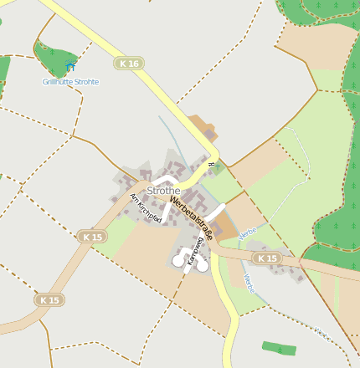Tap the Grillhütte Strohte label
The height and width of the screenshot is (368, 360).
(70, 81)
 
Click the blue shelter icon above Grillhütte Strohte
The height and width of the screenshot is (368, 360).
(70, 67)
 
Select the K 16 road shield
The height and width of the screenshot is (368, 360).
(129, 63)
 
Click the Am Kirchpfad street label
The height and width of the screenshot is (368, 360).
(146, 209)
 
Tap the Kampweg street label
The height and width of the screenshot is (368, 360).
(196, 251)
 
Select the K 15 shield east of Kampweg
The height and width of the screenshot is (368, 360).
(267, 258)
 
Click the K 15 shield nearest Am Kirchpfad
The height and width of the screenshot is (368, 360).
(93, 238)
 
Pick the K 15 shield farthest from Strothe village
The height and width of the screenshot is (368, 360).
(49, 299)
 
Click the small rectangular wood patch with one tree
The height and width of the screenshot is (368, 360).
(279, 347)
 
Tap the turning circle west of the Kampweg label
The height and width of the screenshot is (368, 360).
(177, 262)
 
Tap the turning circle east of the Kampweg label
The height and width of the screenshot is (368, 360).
(208, 261)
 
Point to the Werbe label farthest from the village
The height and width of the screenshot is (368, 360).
(322, 334)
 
